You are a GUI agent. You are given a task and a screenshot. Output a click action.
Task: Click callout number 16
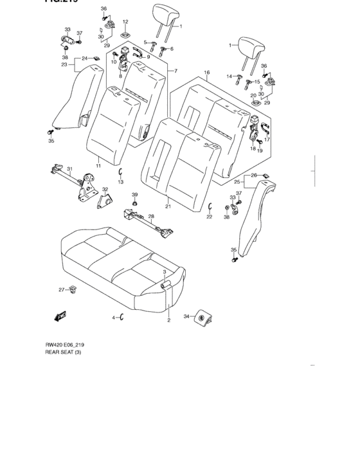pyautogui.click(x=206, y=73)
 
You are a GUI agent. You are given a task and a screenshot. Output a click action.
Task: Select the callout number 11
pyautogui.click(x=98, y=166)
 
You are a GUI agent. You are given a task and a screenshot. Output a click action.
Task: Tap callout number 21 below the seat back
pyautogui.click(x=167, y=206)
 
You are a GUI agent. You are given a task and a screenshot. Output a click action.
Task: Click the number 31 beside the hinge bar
pyautogui.click(x=71, y=169)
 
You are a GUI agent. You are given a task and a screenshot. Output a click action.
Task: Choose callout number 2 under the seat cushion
pyautogui.click(x=168, y=319)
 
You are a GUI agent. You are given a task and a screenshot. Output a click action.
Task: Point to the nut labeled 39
pyautogui.click(x=135, y=204)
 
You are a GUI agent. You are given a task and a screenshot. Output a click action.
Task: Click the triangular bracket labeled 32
pyautogui.click(x=103, y=201)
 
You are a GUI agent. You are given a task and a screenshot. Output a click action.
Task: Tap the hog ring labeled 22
pyautogui.click(x=210, y=205)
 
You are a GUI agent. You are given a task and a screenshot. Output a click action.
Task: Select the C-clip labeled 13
pyautogui.click(x=120, y=172)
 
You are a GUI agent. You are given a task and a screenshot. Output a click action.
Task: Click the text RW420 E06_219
pyautogui.click(x=65, y=345)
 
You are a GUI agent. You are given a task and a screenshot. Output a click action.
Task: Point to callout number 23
pyautogui.click(x=64, y=64)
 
